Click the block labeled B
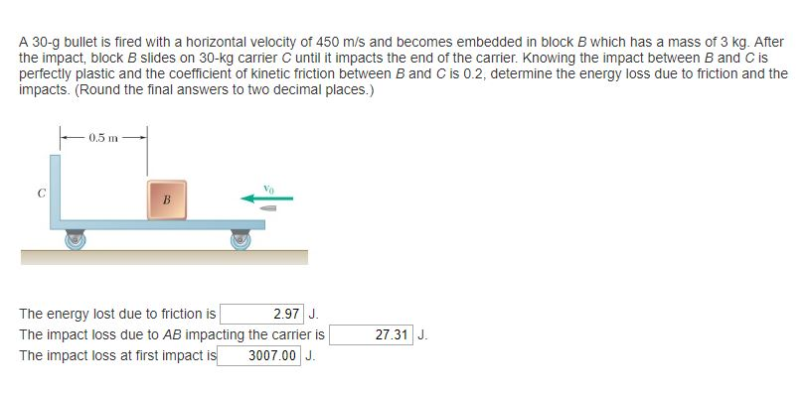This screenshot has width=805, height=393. [x=166, y=199]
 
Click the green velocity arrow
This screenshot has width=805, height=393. [x=266, y=197]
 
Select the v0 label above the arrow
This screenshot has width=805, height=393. [x=267, y=185]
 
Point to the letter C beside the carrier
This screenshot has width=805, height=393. [x=40, y=194]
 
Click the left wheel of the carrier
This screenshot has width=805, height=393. [x=75, y=239]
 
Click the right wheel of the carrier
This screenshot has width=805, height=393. [x=241, y=239]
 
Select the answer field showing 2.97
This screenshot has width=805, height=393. [x=260, y=314]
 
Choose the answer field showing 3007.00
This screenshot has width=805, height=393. [x=260, y=355]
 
